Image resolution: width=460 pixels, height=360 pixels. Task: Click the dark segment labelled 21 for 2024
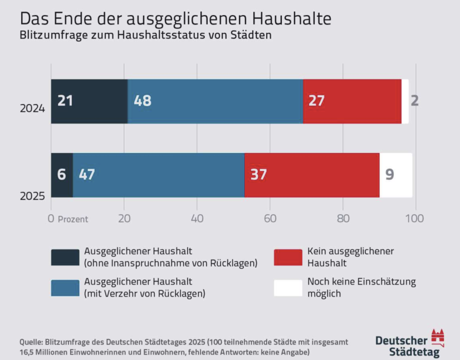pyautogui.click(x=89, y=101)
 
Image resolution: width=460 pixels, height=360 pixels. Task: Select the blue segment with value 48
pyautogui.click(x=215, y=101)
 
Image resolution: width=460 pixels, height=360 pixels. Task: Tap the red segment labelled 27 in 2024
pyautogui.click(x=352, y=101)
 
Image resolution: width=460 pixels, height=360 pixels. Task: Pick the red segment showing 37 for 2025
pyautogui.click(x=312, y=175)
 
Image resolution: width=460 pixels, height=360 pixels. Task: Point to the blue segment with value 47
pyautogui.click(x=159, y=175)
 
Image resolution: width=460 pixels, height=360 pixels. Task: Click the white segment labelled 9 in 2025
pyautogui.click(x=396, y=175)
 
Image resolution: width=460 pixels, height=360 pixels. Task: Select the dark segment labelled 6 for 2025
pyautogui.click(x=62, y=175)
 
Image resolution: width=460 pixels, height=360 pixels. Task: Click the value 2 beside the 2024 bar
pyautogui.click(x=415, y=101)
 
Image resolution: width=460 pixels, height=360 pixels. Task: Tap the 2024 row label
pyautogui.click(x=32, y=109)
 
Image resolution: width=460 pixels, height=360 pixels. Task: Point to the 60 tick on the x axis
pyautogui.click(x=270, y=218)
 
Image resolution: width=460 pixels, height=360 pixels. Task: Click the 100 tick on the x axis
pyautogui.click(x=415, y=218)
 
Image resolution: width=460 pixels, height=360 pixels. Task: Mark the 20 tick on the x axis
pyautogui.click(x=124, y=218)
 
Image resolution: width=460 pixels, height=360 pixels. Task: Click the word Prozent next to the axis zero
pyautogui.click(x=73, y=219)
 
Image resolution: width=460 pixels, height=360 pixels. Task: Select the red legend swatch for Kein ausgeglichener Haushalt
pyautogui.click(x=288, y=257)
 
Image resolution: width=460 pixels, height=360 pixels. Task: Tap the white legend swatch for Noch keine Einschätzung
pyautogui.click(x=288, y=288)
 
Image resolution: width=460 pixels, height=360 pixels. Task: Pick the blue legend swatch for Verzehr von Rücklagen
pyautogui.click(x=65, y=288)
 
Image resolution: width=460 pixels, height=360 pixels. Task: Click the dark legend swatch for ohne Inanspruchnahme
pyautogui.click(x=65, y=257)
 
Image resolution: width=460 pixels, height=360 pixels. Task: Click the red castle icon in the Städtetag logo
pyautogui.click(x=438, y=337)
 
